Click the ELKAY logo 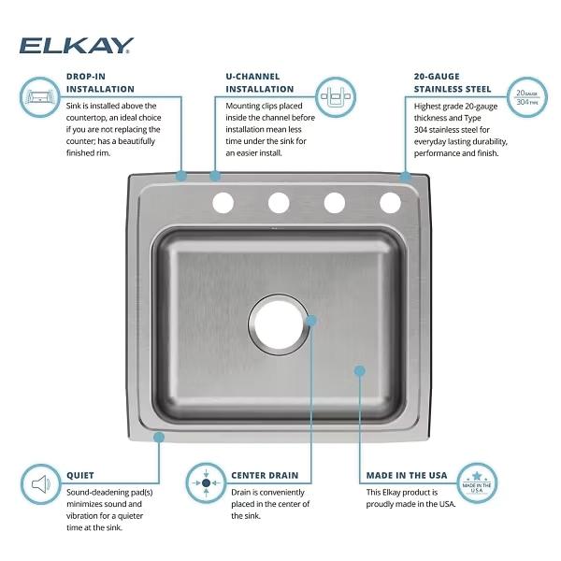(77, 45)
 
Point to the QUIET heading (80, 475)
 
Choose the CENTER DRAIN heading (265, 475)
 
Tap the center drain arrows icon (206, 483)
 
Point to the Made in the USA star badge (477, 483)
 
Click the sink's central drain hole (279, 325)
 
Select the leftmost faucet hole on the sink (223, 201)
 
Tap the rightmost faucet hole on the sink (390, 201)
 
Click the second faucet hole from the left (279, 201)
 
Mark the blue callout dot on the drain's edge (311, 320)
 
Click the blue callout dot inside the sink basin (360, 370)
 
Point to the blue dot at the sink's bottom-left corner (159, 437)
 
